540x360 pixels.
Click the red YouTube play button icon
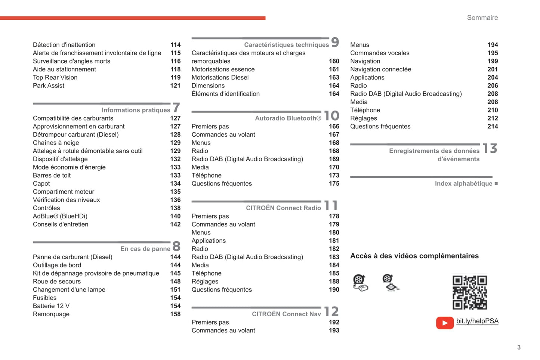click(445, 323)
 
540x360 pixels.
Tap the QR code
click(470, 292)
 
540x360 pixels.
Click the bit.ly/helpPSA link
click(477, 321)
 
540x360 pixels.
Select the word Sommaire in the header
click(482, 18)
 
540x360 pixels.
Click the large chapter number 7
click(176, 108)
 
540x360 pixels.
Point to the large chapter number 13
click(490, 149)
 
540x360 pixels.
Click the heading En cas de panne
click(145, 249)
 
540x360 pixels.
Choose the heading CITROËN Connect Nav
click(286, 314)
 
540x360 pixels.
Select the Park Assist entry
click(49, 86)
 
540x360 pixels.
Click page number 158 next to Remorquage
click(175, 314)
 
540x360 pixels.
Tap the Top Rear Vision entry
click(55, 77)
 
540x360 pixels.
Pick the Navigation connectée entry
click(380, 69)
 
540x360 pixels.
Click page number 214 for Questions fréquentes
click(493, 126)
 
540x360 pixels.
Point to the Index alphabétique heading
click(463, 183)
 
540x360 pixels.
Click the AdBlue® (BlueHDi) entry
click(60, 216)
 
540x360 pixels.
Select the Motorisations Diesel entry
click(220, 77)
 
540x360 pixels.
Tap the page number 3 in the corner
click(519, 347)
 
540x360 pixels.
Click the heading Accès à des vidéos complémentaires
click(414, 256)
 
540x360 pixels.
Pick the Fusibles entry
click(44, 298)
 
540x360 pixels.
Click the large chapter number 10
click(331, 116)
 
